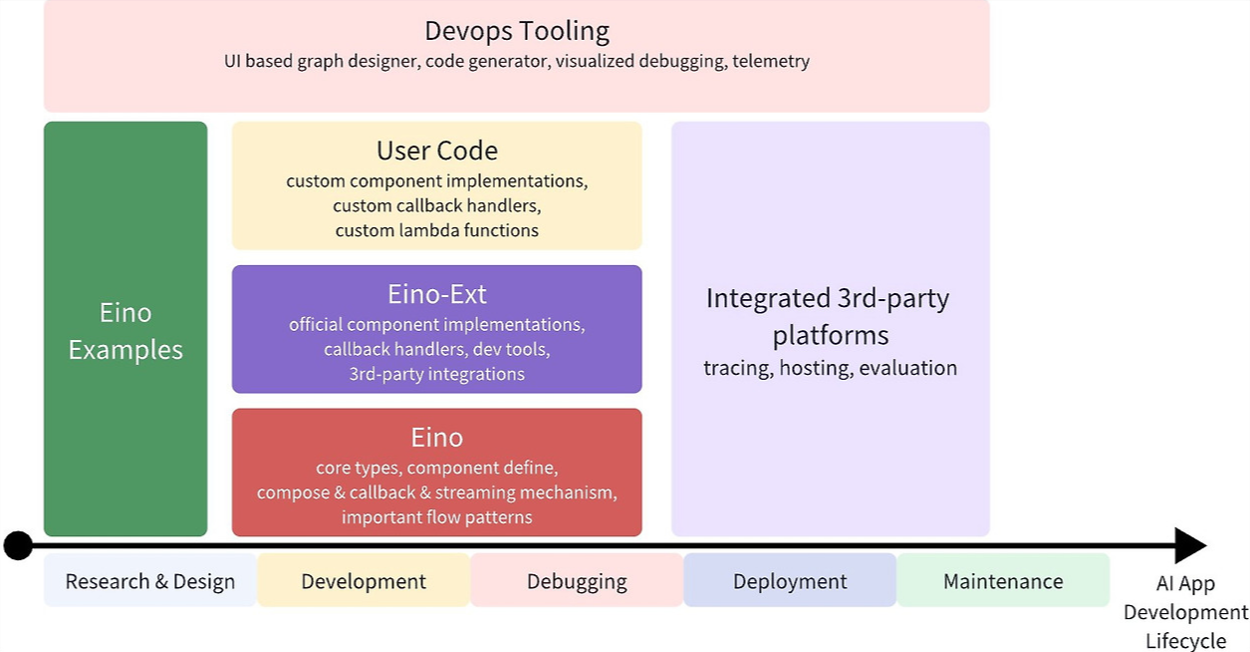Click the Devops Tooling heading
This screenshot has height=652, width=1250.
click(516, 31)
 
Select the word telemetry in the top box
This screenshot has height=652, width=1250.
click(770, 62)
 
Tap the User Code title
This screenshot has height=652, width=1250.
click(436, 151)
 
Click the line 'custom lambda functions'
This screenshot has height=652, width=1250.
click(436, 230)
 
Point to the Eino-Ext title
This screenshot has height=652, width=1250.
click(436, 294)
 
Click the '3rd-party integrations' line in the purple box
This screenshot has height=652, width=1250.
click(436, 374)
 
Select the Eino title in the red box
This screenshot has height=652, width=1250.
click(436, 438)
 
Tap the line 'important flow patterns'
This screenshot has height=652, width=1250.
click(436, 517)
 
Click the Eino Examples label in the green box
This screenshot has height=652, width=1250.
click(125, 331)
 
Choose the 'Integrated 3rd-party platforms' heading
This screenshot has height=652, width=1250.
click(829, 316)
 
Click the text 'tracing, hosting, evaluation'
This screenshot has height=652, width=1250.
click(830, 368)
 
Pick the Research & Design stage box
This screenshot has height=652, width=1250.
click(150, 581)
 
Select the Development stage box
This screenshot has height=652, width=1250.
click(364, 581)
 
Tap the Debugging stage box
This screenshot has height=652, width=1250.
click(577, 581)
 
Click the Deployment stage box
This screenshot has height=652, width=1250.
click(790, 581)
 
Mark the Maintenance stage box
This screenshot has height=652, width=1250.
click(1003, 581)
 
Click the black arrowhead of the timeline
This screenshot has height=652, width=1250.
click(1189, 545)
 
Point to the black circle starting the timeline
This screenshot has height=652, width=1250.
click(18, 545)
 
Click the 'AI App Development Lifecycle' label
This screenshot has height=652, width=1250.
click(1185, 612)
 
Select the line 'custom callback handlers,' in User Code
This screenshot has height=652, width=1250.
click(436, 205)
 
